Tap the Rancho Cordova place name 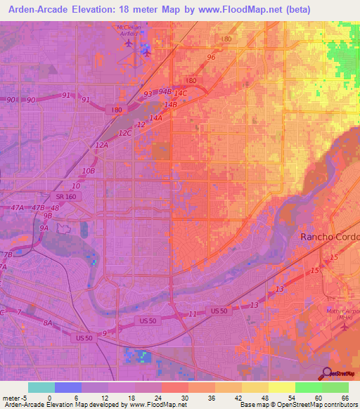click(x=330, y=237)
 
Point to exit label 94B click(x=165, y=91)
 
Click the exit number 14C click(x=181, y=93)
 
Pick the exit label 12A click(x=101, y=145)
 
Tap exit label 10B click(x=88, y=171)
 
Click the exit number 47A click(x=18, y=208)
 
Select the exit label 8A click(x=48, y=322)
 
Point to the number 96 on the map click(x=211, y=57)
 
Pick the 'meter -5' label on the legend click(x=14, y=398)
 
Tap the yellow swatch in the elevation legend click(x=281, y=387)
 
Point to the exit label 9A click(x=44, y=228)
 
